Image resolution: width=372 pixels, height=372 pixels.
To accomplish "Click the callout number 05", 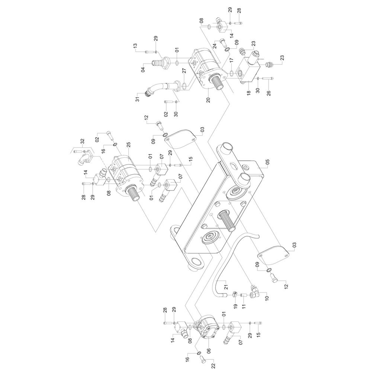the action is (x=267, y=162).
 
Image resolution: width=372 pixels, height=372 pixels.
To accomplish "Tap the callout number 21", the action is (x=226, y=287).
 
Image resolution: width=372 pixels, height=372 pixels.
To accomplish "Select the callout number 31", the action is (x=138, y=99).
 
